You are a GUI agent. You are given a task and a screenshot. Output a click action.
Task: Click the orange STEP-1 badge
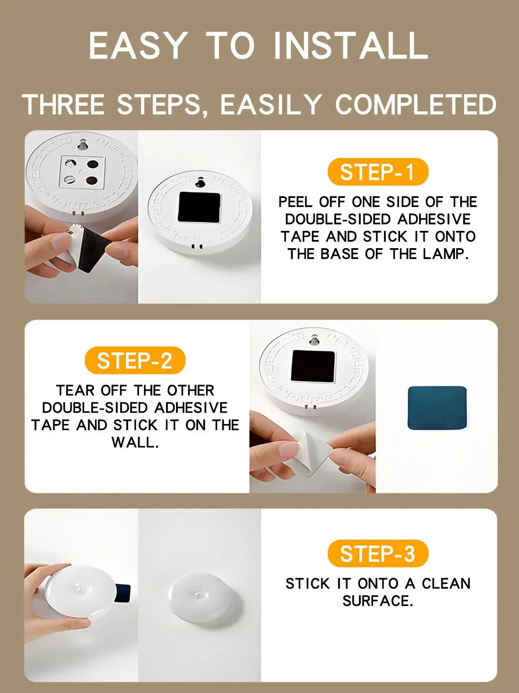tap(378, 172)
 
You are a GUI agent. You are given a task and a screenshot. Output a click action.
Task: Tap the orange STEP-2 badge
tap(135, 360)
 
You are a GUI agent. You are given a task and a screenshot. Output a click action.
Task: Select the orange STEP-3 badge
tap(378, 554)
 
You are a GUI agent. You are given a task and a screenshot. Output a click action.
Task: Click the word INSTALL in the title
tap(351, 45)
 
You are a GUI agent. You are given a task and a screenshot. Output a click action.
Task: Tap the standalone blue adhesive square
tap(437, 408)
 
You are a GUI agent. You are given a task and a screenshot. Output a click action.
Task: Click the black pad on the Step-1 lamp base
tap(199, 207)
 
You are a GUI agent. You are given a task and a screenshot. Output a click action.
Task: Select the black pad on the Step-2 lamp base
tap(313, 366)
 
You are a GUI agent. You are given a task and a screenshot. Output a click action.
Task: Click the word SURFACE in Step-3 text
tap(378, 601)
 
